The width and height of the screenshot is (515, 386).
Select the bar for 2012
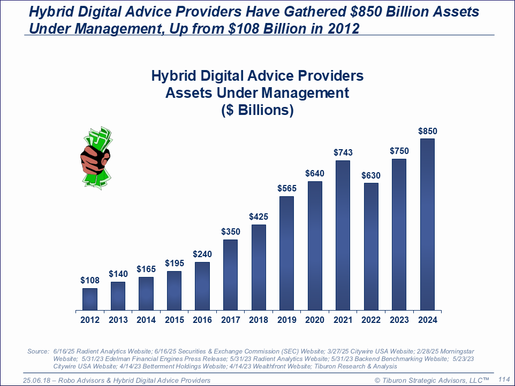click(x=90, y=299)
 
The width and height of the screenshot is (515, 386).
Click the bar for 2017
click(x=230, y=275)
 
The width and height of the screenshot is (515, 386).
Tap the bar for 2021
click(x=343, y=235)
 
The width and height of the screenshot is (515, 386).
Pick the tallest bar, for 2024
click(x=427, y=224)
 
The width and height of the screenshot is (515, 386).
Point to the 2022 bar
click(x=371, y=246)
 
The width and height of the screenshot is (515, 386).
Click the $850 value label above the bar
click(x=427, y=131)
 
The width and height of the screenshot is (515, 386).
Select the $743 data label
click(x=343, y=153)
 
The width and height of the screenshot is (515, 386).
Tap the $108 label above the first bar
click(x=90, y=280)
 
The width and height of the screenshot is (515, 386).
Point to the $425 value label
click(x=259, y=217)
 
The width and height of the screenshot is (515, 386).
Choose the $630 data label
click(x=371, y=175)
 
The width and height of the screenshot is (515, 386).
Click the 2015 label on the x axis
click(x=174, y=320)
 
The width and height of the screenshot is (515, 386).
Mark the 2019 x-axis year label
click(x=286, y=320)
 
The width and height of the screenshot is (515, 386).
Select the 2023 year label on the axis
click(x=399, y=320)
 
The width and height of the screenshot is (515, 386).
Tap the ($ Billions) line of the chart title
click(x=257, y=110)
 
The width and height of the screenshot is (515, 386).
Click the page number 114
click(x=504, y=379)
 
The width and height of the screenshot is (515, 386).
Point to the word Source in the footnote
click(x=37, y=351)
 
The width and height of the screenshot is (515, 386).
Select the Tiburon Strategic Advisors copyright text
click(x=431, y=380)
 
